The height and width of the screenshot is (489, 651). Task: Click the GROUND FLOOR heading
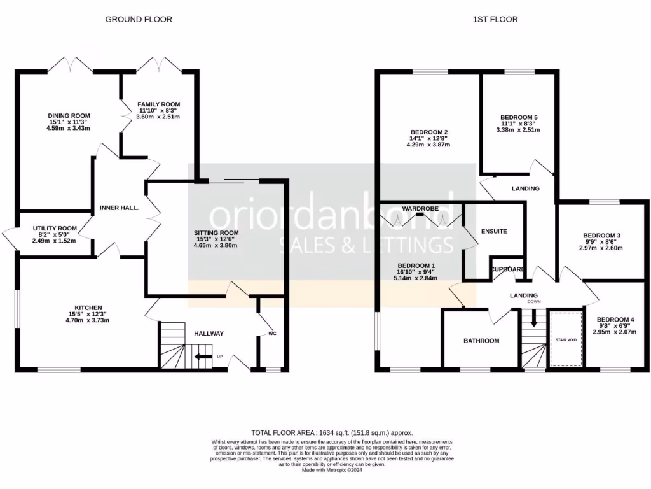[139, 19]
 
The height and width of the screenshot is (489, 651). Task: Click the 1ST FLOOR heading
[495, 19]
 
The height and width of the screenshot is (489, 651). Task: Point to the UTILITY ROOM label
[54, 229]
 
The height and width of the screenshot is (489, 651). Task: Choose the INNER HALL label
[119, 208]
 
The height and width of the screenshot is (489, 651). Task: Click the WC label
[272, 334]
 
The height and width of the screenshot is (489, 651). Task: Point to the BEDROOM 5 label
[519, 118]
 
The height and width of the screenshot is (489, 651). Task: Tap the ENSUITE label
[494, 231]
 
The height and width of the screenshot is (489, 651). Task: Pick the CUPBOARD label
[508, 269]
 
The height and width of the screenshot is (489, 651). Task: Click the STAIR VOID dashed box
[566, 339]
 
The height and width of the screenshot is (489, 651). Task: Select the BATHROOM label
[481, 341]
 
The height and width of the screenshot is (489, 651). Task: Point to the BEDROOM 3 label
[601, 236]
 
